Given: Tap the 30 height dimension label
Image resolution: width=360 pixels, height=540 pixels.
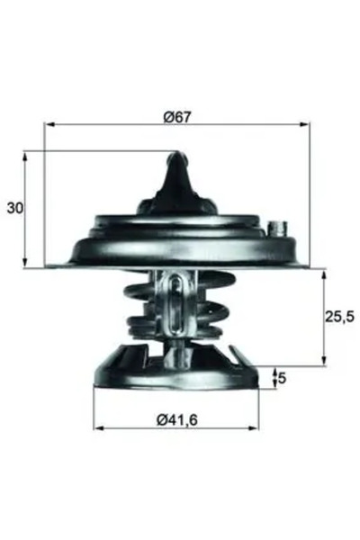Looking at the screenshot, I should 13,209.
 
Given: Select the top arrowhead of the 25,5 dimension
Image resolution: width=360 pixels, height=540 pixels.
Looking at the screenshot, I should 322,272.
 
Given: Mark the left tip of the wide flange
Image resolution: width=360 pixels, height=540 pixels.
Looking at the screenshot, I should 47,265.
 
